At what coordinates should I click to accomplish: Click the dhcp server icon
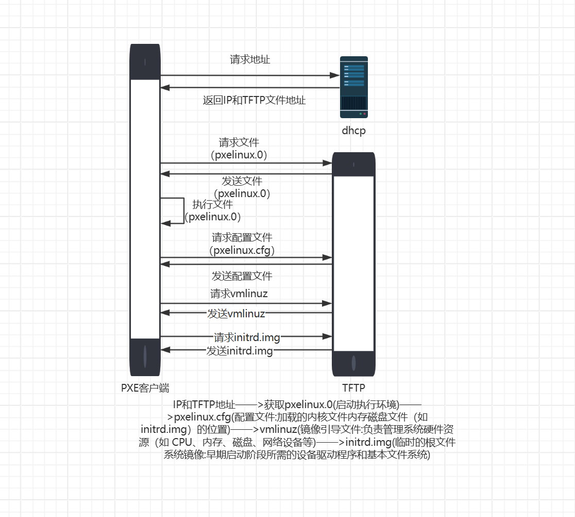click(353, 87)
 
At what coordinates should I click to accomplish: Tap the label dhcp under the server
click(353, 131)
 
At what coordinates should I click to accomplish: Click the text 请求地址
click(250, 59)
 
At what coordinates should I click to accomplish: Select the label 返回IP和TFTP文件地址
click(255, 100)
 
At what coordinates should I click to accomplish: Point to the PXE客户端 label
click(145, 389)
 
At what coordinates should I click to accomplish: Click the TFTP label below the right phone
click(353, 388)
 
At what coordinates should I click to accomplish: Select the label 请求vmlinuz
click(239, 294)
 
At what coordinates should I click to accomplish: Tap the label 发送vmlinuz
click(236, 313)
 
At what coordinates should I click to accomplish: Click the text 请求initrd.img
click(247, 337)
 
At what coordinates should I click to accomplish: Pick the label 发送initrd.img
click(240, 351)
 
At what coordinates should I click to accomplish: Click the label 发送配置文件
click(242, 276)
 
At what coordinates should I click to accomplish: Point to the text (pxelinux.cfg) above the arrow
click(242, 250)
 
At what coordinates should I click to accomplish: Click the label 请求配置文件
click(242, 237)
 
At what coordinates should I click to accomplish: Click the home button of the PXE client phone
click(145, 356)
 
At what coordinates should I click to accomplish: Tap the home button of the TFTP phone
click(353, 363)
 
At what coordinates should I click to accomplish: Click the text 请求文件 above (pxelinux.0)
click(239, 142)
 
